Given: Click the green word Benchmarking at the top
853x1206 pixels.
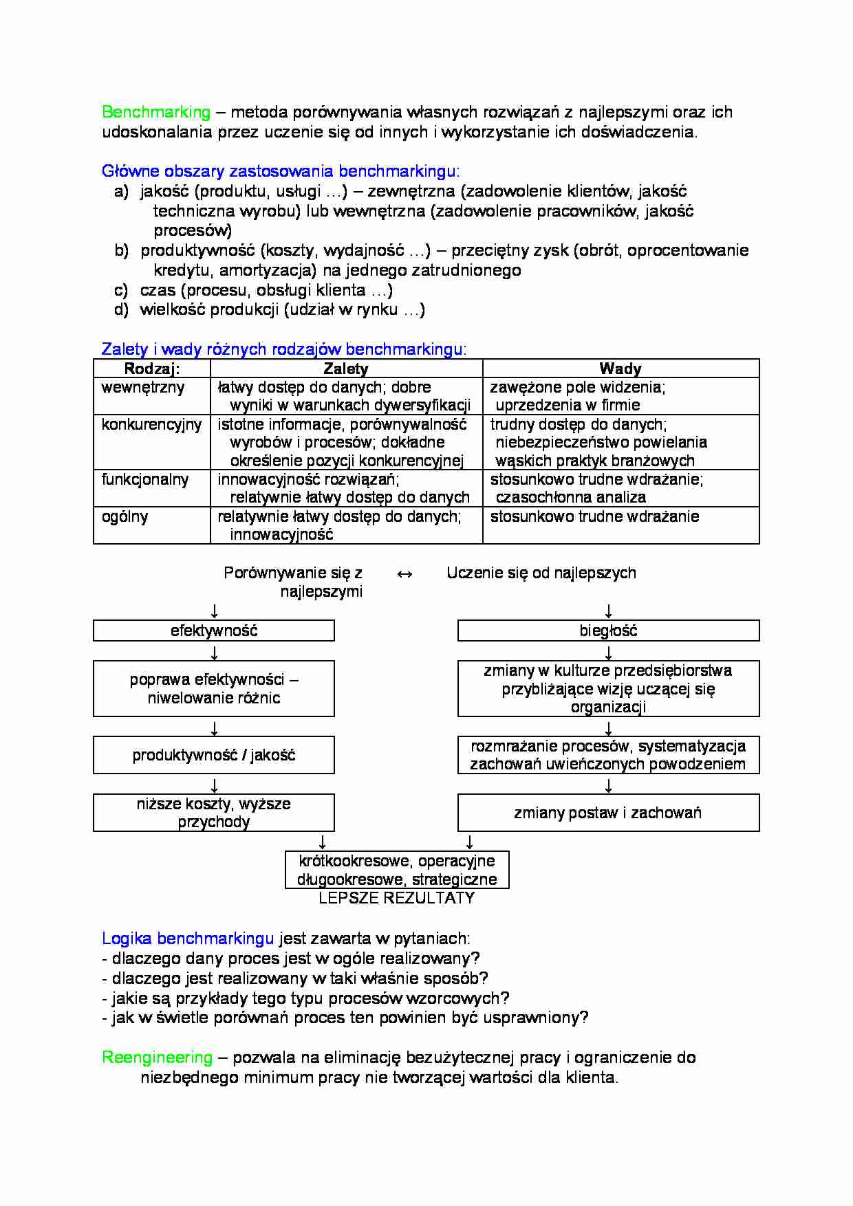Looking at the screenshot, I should point(156,112).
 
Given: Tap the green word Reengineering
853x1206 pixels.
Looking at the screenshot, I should point(158,1057).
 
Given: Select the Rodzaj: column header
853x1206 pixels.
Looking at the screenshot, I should point(152,369).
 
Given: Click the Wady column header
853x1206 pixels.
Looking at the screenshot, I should point(620,369).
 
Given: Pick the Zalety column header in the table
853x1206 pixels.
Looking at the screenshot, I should point(346,369).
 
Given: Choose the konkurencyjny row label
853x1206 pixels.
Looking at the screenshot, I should point(151,425).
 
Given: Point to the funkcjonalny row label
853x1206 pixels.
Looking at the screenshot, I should point(145,480).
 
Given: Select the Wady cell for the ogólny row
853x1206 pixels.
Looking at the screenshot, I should point(594,517).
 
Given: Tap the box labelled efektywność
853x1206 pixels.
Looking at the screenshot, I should point(214,631).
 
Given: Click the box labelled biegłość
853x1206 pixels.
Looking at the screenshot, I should point(608,631).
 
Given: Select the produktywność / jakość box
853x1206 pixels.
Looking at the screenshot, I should point(214,755).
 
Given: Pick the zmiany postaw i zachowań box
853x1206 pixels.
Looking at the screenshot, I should point(608,813).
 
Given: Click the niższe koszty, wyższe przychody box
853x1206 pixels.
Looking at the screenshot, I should point(214,813).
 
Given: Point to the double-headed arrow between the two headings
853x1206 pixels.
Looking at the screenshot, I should point(405,574).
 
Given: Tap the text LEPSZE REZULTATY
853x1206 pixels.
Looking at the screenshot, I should point(397,898).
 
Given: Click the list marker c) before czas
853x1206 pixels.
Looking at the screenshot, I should point(121,290).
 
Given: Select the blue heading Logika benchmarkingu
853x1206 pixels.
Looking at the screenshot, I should point(188,939).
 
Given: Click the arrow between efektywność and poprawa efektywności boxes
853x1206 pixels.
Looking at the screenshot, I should point(215,651).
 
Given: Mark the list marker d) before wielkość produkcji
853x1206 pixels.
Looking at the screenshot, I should point(121,310).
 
